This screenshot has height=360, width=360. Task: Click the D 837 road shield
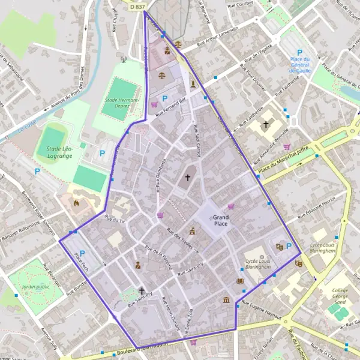pyautogui.click(x=137, y=6)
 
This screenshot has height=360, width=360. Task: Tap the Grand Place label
pyautogui.click(x=220, y=220)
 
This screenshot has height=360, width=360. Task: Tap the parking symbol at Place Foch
pyautogui.click(x=82, y=253)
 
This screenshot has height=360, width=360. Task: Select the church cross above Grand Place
pyautogui.click(x=187, y=178)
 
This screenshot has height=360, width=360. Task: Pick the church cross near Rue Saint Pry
pyautogui.click(x=142, y=290)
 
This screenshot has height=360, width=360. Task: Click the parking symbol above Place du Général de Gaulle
pyautogui.click(x=299, y=52)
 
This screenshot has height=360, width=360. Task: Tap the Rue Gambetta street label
pyautogui.click(x=161, y=173)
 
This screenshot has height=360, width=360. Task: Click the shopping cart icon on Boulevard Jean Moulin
pyautogui.click(x=193, y=343)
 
